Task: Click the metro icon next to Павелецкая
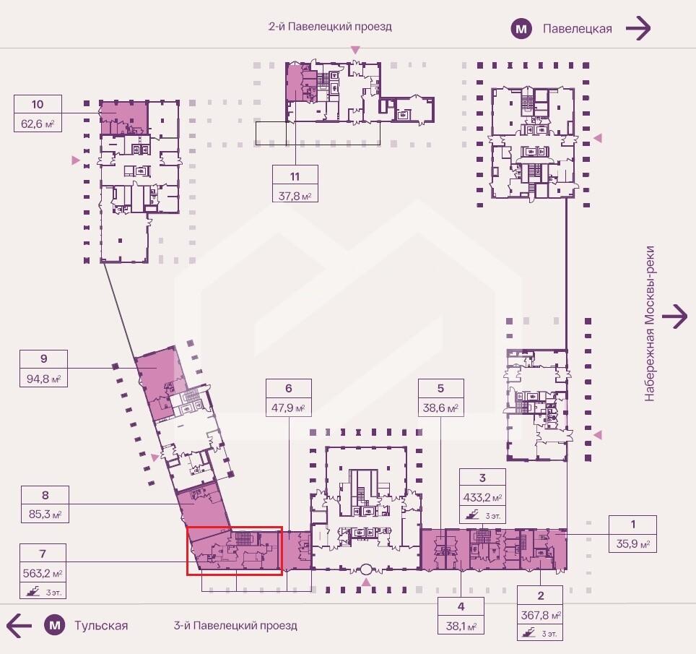tap(521, 30)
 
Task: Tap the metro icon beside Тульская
tap(55, 626)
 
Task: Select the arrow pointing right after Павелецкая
tap(638, 28)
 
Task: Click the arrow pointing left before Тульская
tap(19, 626)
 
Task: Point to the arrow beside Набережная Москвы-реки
tap(674, 317)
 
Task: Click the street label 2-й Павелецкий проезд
tap(330, 27)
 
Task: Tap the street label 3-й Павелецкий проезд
tap(235, 626)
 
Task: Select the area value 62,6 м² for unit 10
tap(38, 124)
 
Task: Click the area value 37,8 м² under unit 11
tap(295, 196)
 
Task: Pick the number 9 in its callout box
tap(43, 358)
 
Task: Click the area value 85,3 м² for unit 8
tap(45, 515)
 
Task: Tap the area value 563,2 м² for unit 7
tap(43, 574)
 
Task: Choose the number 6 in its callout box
tap(289, 388)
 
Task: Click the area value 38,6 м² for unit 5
tap(440, 408)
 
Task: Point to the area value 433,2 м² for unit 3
tap(482, 498)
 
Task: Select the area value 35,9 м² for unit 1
tap(633, 544)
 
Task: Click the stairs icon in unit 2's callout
tap(528, 632)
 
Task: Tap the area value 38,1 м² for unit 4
tap(461, 627)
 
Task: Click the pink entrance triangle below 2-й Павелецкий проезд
tap(355, 49)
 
